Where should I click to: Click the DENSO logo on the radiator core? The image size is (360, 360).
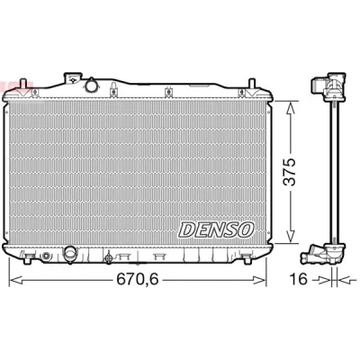(x=217, y=229)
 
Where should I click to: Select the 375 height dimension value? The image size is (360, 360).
(x=290, y=172)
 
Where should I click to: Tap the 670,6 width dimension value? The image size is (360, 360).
(x=138, y=280)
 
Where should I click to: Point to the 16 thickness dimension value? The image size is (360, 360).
(x=299, y=280)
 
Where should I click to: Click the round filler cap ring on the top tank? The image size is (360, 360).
(x=91, y=85)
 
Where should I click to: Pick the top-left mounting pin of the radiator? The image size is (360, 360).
(x=22, y=84)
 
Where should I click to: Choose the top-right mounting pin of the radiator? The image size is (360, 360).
(x=252, y=84)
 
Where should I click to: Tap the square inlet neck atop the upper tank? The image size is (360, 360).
(x=72, y=78)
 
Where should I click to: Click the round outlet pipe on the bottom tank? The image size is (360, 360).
(x=70, y=254)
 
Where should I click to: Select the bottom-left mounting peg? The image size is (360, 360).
(x=28, y=259)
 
